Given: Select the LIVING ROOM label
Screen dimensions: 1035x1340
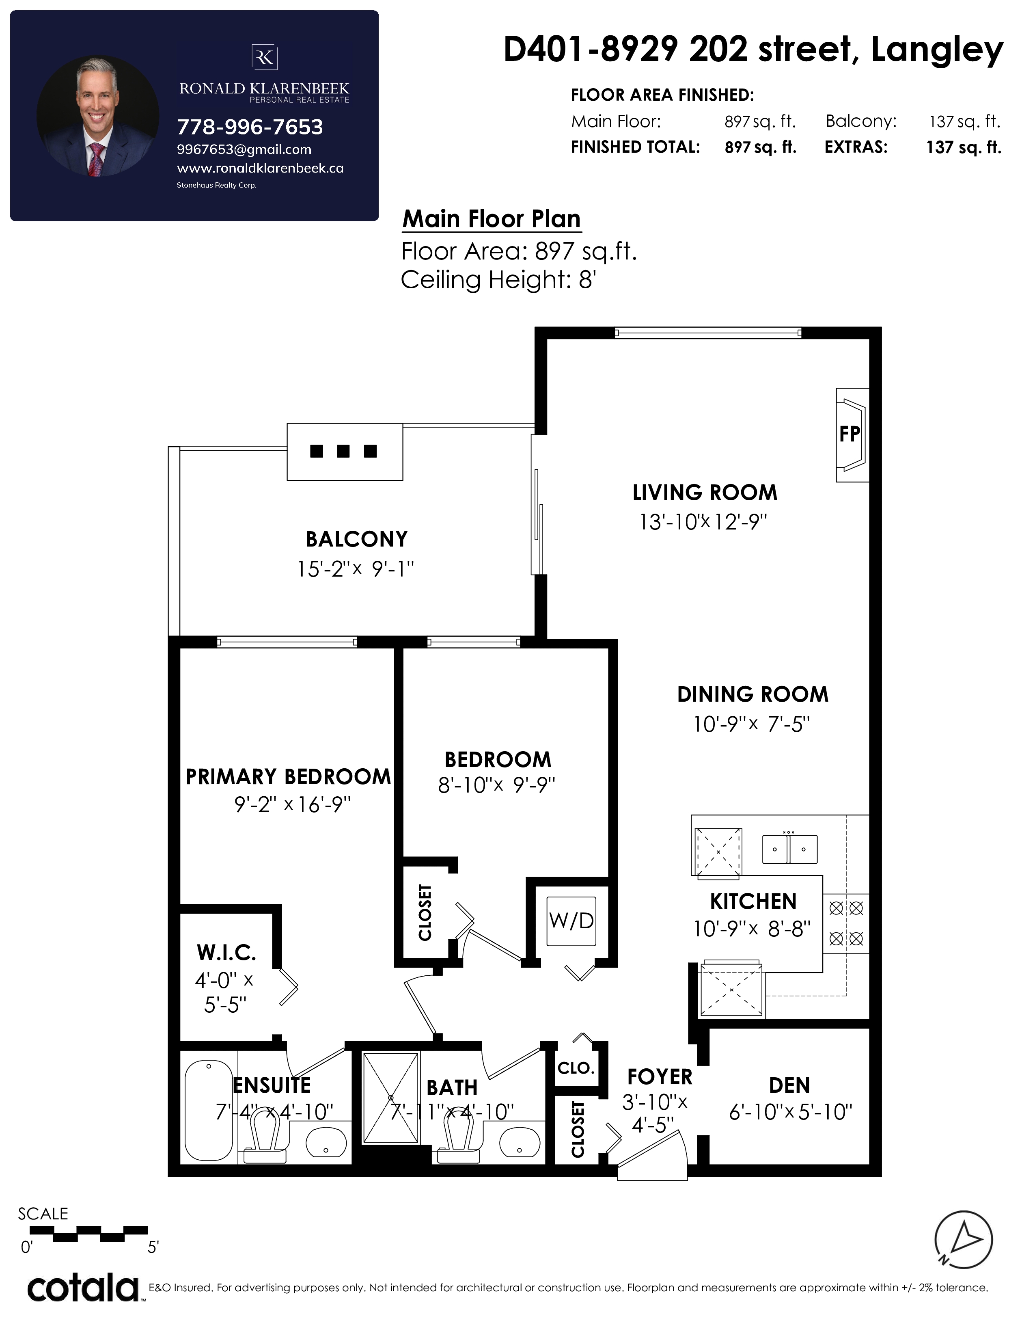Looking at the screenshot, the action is [x=705, y=492].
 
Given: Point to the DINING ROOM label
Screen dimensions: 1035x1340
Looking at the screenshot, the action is [x=753, y=694].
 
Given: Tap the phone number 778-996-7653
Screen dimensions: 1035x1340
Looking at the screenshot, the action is [x=250, y=127].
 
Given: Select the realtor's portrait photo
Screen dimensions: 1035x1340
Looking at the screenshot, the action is [x=98, y=117].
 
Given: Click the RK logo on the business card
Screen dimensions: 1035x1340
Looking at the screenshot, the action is [x=264, y=58].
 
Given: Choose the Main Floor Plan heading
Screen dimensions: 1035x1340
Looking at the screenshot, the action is [x=492, y=218].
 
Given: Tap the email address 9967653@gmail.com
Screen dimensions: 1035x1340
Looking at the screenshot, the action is [x=244, y=150].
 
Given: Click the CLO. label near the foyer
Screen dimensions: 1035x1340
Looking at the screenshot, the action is [x=576, y=1068].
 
